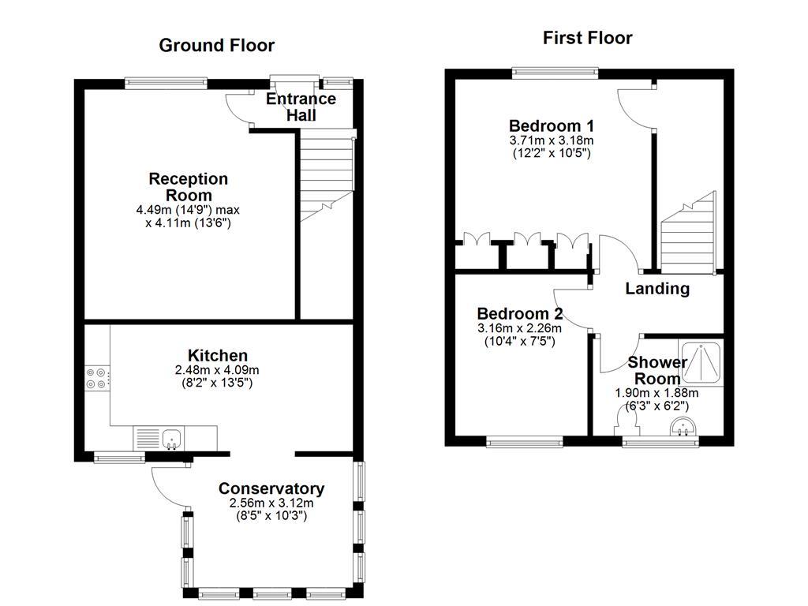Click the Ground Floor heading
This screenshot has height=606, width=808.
click(217, 45)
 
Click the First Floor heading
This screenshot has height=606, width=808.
click(588, 37)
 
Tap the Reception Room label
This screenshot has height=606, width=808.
click(189, 187)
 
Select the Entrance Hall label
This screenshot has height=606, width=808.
click(301, 107)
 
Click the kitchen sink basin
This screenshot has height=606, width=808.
click(171, 437)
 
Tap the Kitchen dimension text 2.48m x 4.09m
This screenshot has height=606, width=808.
click(217, 370)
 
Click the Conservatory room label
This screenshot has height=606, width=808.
click(271, 488)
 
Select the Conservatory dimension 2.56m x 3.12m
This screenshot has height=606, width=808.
click(271, 503)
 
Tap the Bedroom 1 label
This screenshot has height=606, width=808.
click(552, 125)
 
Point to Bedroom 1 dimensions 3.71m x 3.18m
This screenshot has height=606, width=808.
click(552, 140)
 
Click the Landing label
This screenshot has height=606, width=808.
click(657, 289)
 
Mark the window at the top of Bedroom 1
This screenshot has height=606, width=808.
click(554, 73)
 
